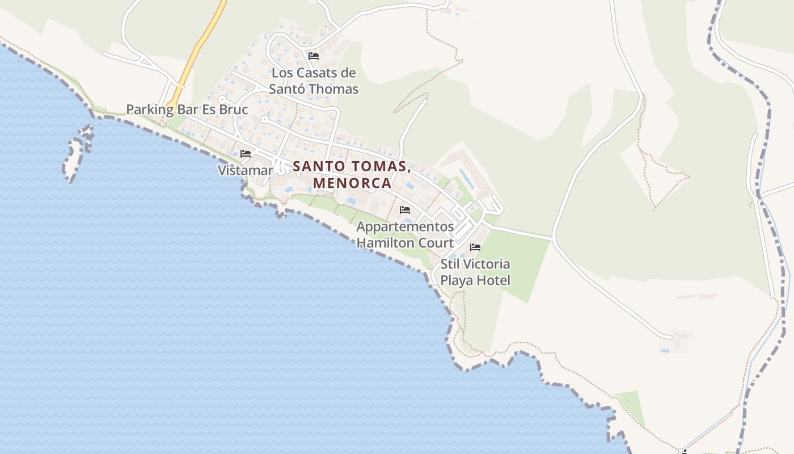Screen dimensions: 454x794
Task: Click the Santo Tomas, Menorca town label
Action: (x=352, y=175)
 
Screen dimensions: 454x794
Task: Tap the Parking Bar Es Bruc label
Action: (x=187, y=109)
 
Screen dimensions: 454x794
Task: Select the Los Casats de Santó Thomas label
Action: (x=314, y=81)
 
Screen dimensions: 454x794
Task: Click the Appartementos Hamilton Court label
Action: (x=405, y=235)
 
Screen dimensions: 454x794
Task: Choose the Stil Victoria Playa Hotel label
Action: (x=475, y=272)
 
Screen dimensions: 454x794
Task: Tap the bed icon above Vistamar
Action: (x=246, y=154)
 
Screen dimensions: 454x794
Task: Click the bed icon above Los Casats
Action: (x=314, y=56)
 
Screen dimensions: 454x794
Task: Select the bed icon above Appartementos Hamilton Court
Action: (x=405, y=210)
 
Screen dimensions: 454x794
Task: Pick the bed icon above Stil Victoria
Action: (x=475, y=247)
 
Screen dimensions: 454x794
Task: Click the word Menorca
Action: (x=352, y=183)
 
